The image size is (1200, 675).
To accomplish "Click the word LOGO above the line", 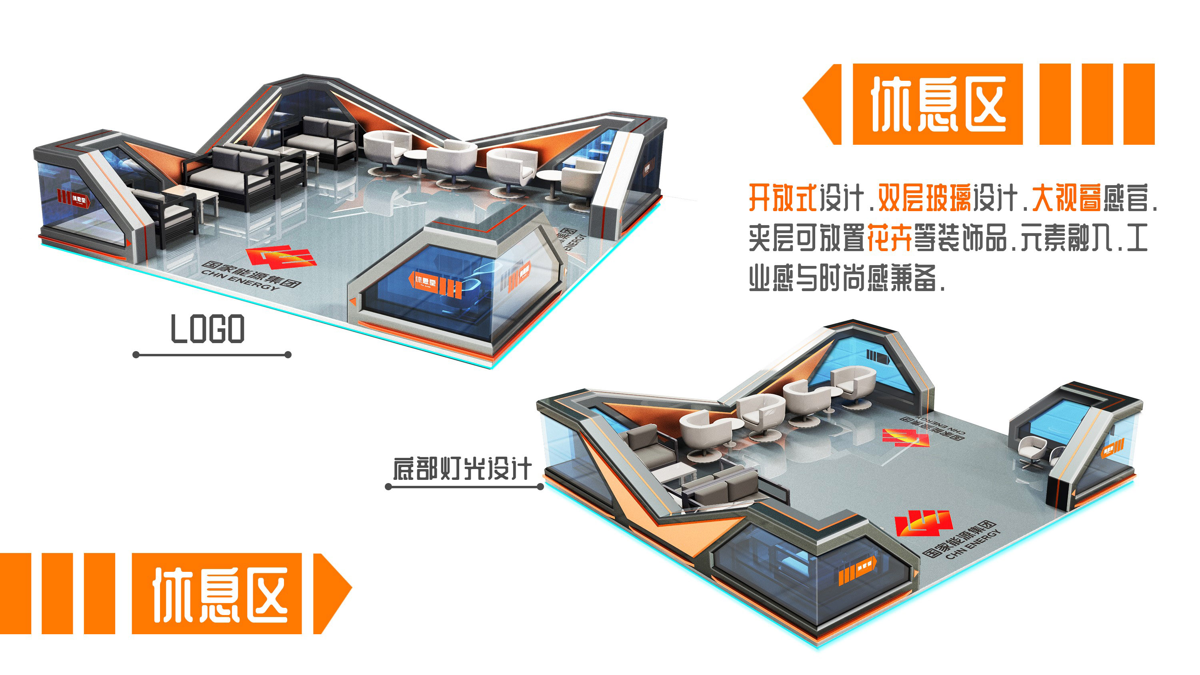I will click(207, 329).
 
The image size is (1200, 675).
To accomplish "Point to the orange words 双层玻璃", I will click(924, 198).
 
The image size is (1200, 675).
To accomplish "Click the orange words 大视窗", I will click(1066, 198).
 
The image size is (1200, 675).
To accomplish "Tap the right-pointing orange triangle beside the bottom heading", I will click(332, 593).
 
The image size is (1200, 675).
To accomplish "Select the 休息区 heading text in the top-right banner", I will click(938, 104).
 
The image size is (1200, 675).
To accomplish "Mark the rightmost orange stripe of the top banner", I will click(1139, 104).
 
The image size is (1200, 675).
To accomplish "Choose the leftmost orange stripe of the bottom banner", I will click(15, 593).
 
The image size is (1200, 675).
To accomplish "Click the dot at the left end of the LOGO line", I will click(136, 355).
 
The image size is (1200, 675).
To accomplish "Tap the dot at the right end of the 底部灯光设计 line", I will click(540, 487).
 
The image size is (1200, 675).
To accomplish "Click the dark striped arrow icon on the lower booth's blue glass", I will click(878, 357).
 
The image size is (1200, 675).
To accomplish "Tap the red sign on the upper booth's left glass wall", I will click(74, 200).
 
